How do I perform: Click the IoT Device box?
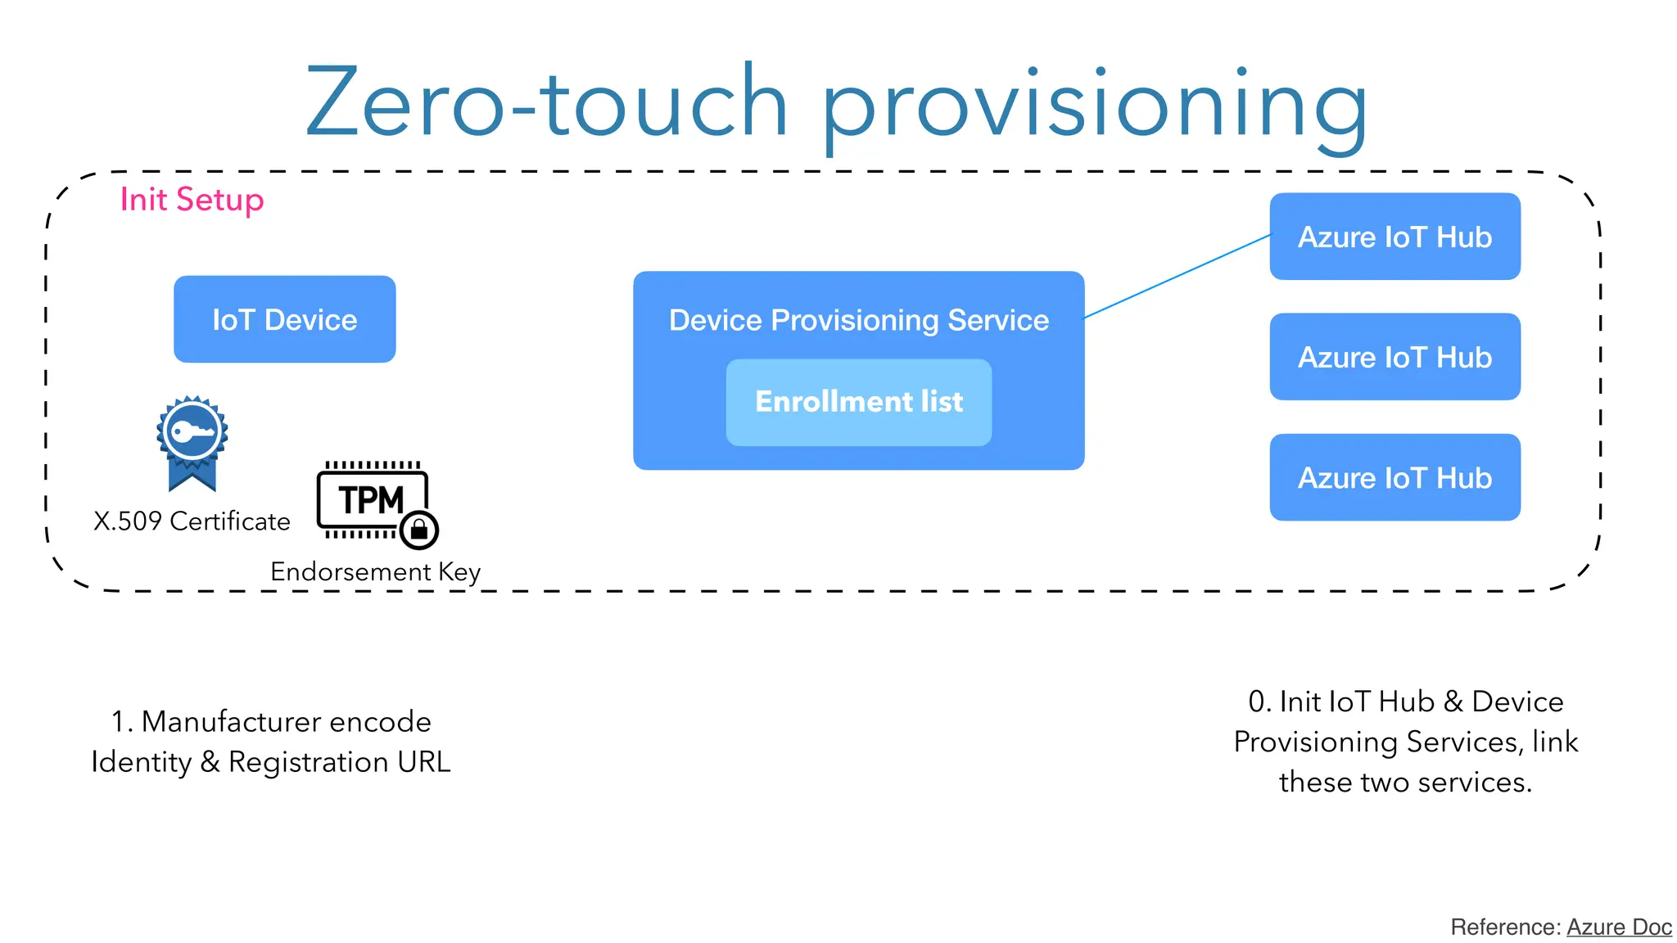tap(284, 319)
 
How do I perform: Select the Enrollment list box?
tap(858, 402)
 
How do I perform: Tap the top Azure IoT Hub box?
tap(1394, 237)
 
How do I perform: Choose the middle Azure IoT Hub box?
tap(1394, 357)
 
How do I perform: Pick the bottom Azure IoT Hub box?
tap(1394, 477)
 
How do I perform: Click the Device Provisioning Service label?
tap(858, 320)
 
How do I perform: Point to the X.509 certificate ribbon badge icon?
tap(192, 442)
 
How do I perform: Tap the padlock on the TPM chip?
tap(419, 530)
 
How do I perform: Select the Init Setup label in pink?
tap(192, 200)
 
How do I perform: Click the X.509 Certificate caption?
tap(192, 521)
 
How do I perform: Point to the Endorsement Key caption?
tap(375, 571)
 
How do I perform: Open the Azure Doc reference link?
tap(1619, 927)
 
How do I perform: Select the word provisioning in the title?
tap(1094, 106)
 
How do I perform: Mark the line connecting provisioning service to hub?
tap(1177, 276)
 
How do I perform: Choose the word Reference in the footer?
tap(1503, 927)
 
